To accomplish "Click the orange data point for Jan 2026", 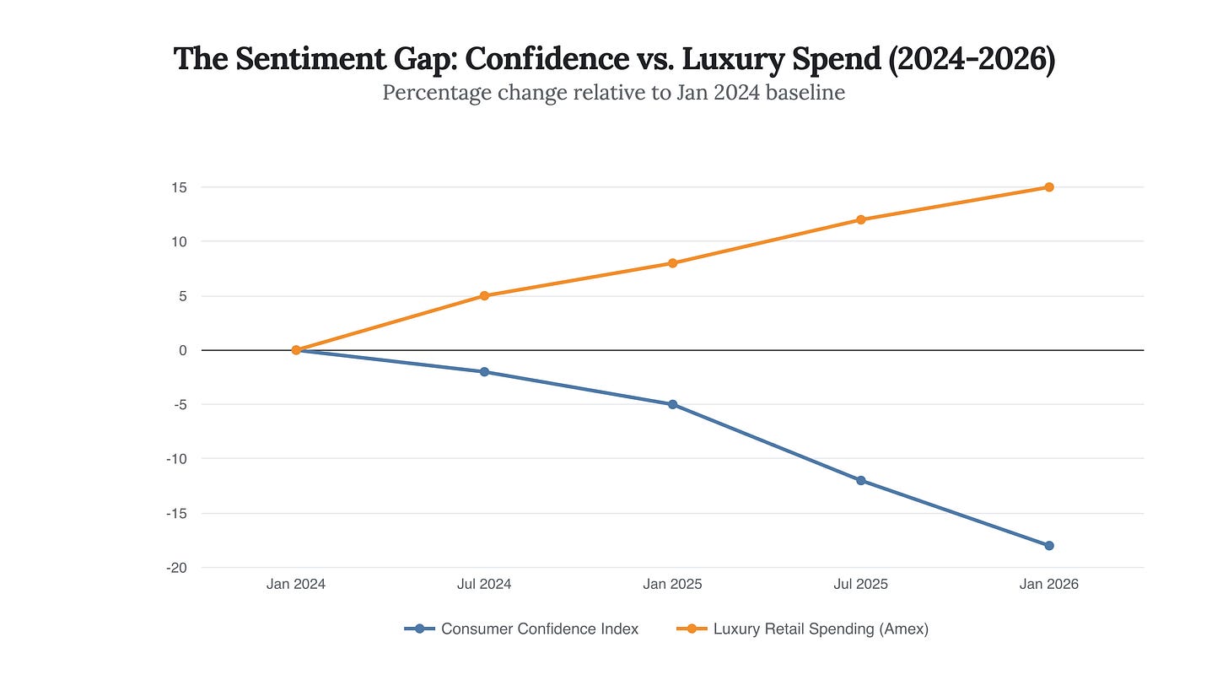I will click(x=1049, y=187).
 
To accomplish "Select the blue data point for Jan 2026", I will click(x=1049, y=546).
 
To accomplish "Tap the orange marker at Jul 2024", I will click(x=484, y=296).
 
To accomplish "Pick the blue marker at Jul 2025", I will click(x=861, y=481).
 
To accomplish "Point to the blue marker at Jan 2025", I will click(x=672, y=405).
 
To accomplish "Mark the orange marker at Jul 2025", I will click(x=861, y=220).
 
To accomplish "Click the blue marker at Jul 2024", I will click(x=484, y=372).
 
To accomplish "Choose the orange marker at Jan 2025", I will click(x=672, y=263).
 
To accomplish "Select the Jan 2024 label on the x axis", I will click(x=295, y=584).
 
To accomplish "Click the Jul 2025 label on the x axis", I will click(x=860, y=584).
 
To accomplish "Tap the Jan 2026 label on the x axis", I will click(x=1049, y=584).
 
